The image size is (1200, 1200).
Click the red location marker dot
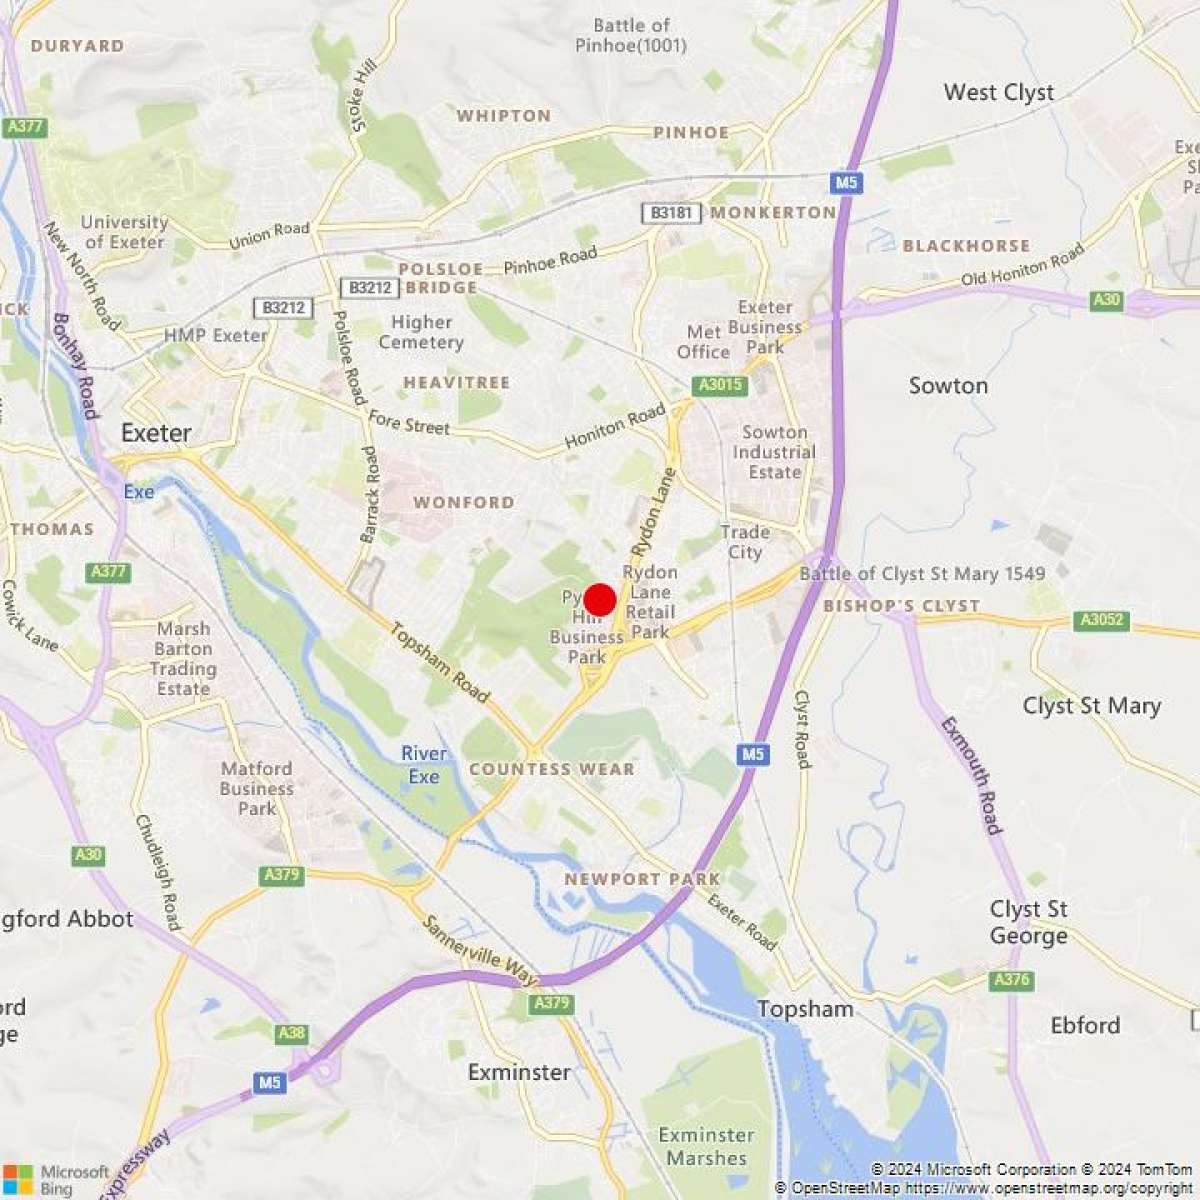[599, 600]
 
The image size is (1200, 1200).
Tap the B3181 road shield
[668, 213]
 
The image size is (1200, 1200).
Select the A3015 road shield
[720, 385]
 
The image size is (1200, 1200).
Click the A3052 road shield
[1102, 621]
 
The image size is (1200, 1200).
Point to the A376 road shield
[1011, 980]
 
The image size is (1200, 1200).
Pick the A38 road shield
[292, 1033]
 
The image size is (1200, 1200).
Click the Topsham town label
[805, 1009]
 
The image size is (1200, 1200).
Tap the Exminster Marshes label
[706, 1146]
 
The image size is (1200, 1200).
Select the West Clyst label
[998, 92]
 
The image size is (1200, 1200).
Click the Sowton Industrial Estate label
[774, 452]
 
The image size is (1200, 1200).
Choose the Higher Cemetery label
[421, 332]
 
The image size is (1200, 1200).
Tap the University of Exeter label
[124, 232]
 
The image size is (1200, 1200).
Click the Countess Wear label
[551, 769]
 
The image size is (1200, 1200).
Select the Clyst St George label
[1028, 922]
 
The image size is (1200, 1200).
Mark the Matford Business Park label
[257, 788]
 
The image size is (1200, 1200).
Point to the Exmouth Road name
[970, 775]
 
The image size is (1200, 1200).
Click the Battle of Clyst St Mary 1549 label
[922, 574]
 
